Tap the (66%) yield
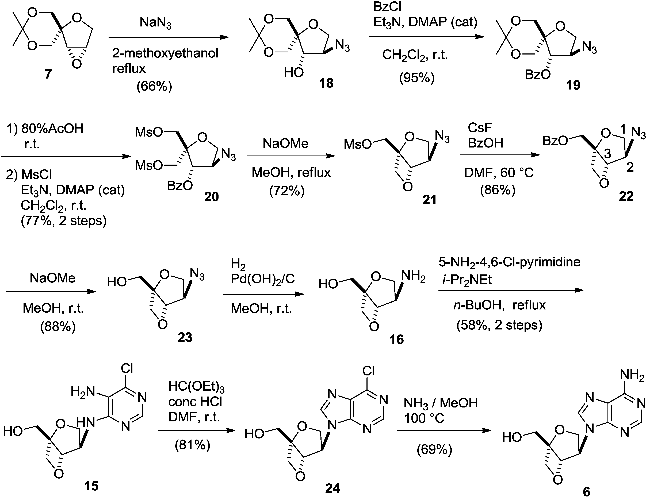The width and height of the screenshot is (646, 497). coord(154,86)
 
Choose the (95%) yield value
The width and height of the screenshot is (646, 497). coord(417,78)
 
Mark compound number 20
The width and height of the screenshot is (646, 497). coord(211,197)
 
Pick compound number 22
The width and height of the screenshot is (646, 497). coord(626,196)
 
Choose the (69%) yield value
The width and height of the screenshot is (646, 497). coord(434,449)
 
